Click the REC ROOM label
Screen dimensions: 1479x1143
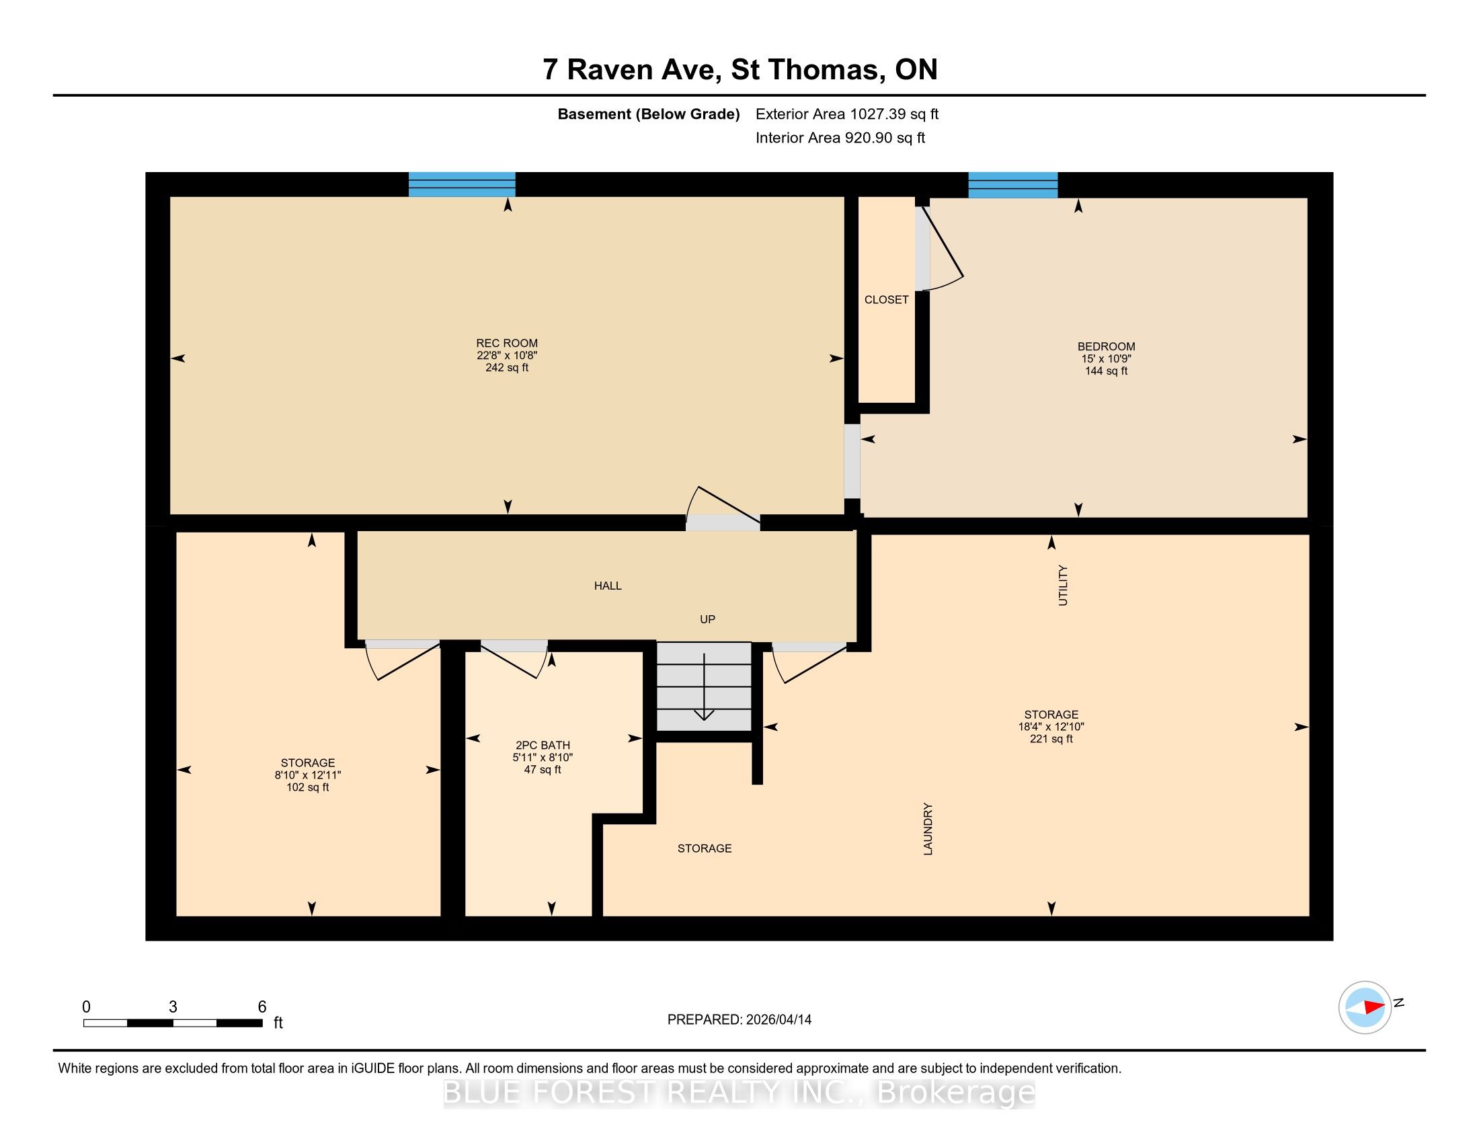pos(506,344)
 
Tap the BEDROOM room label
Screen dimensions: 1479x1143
pos(1106,347)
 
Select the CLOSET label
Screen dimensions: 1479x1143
pos(887,300)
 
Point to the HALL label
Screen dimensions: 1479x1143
pos(608,586)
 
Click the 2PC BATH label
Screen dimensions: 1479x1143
pos(543,746)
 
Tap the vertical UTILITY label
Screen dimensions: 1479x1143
pos(1062,586)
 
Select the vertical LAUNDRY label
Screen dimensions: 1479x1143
pos(928,829)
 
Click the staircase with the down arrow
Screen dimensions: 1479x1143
pos(705,686)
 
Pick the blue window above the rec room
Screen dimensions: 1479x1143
pos(462,184)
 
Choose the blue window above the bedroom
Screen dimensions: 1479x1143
pos(1012,185)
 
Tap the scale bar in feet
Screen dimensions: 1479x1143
pos(173,1023)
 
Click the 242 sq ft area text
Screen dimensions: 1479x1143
pos(506,368)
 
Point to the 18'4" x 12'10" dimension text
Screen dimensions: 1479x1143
pos(1051,727)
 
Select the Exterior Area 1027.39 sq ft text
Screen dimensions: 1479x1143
pos(847,114)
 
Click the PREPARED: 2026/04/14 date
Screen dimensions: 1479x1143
pos(739,1019)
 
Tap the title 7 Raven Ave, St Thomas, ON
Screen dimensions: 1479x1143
pos(739,69)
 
